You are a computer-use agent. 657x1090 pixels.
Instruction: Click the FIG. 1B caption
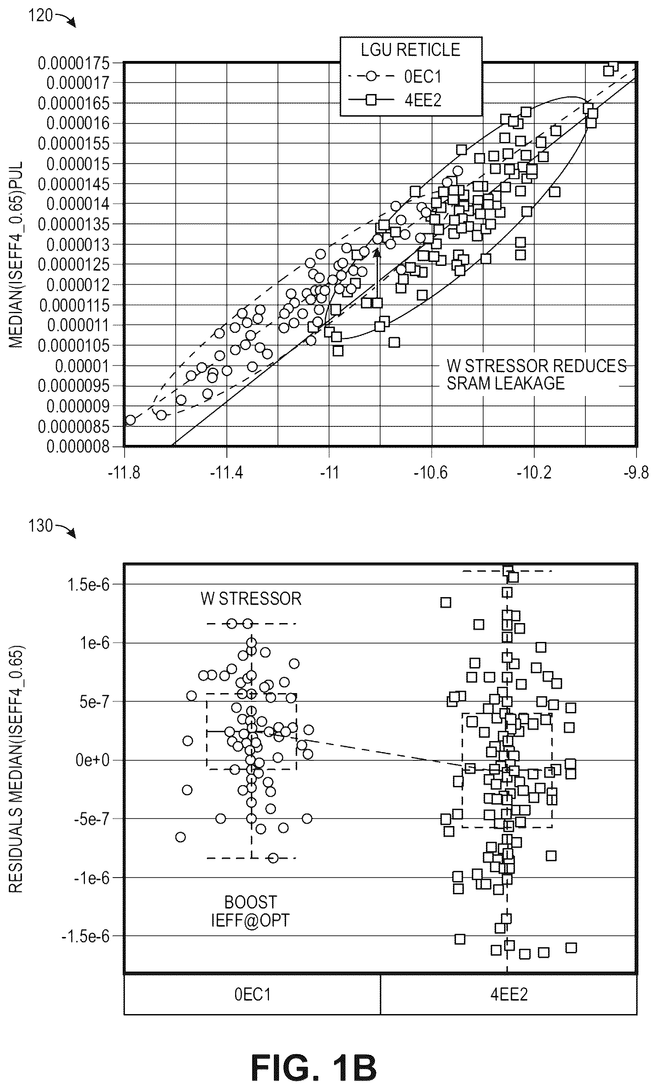click(x=313, y=1067)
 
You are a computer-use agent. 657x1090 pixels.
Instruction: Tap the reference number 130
click(x=40, y=526)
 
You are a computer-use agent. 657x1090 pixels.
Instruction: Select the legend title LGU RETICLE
click(x=410, y=50)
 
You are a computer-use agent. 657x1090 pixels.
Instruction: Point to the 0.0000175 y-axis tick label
click(x=74, y=63)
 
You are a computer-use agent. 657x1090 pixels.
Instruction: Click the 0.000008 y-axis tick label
click(x=78, y=447)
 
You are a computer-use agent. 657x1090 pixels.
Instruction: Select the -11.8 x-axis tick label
click(x=124, y=473)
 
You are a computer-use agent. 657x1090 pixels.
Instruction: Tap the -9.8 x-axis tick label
click(x=636, y=473)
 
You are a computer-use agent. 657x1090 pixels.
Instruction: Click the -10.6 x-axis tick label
click(x=431, y=473)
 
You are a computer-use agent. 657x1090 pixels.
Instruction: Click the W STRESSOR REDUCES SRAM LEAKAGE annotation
click(x=536, y=374)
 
